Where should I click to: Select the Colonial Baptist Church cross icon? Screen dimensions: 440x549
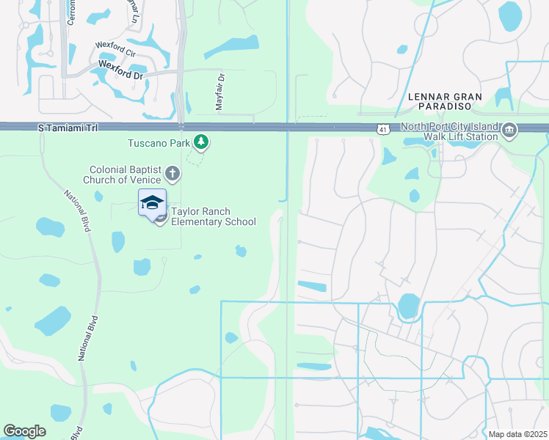click(x=172, y=174)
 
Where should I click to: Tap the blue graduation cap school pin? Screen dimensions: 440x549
click(x=152, y=202)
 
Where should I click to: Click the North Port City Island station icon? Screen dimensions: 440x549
click(x=509, y=131)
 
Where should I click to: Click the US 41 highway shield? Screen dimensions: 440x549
click(x=383, y=130)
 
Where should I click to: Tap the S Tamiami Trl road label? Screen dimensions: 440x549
click(x=68, y=128)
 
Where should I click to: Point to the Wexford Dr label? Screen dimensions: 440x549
click(x=120, y=74)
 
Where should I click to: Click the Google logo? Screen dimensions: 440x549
click(x=25, y=430)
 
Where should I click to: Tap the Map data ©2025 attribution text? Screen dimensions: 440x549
click(x=517, y=434)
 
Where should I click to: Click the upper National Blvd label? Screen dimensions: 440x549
click(x=76, y=211)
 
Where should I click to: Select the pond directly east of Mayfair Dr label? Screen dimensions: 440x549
click(x=232, y=47)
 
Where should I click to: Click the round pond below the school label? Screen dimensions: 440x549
click(x=240, y=252)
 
